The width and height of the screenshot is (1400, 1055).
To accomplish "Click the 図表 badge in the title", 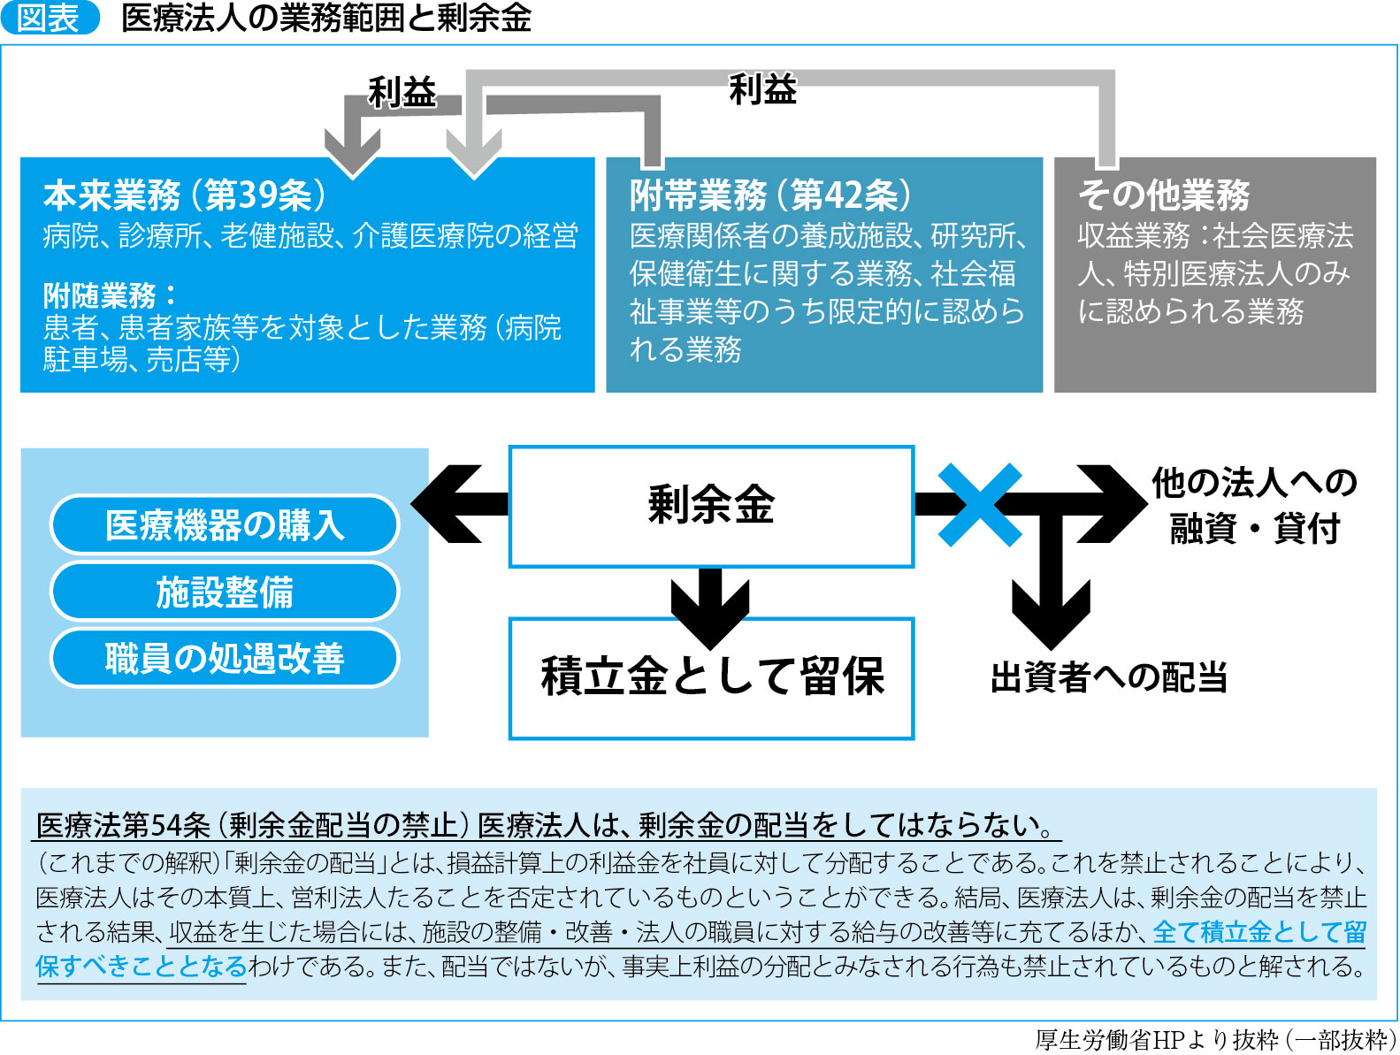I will tap(50, 19).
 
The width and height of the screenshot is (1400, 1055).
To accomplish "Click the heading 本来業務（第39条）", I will tap(185, 195).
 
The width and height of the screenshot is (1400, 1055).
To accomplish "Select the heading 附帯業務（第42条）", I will tap(770, 195).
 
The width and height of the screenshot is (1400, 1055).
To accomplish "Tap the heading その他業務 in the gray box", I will tap(1163, 195).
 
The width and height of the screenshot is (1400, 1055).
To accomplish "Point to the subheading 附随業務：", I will tap(110, 295).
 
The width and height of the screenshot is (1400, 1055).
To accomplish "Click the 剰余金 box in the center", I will tap(711, 506).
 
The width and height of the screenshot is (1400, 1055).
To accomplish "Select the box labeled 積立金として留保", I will tap(711, 677).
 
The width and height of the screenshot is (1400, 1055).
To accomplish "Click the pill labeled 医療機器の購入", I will tap(225, 524).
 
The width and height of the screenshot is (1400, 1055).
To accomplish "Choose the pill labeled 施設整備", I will tap(225, 592).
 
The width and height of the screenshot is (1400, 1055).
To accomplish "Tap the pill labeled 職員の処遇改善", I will tap(225, 658).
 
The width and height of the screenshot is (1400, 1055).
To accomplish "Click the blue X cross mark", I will tap(979, 505).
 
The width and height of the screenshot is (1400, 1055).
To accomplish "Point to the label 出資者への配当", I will tap(1109, 677).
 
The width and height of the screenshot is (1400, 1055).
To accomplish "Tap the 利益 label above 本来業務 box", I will tap(402, 92).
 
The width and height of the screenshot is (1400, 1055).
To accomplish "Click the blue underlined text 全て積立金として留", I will tap(1259, 931).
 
